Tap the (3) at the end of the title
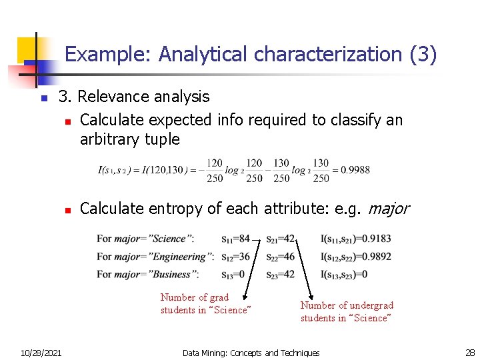pos(423,54)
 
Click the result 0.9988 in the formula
pos(355,170)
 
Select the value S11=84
pos(235,239)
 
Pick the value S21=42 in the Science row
pos(280,239)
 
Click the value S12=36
pos(235,257)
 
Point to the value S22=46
pos(280,257)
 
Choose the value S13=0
pos(233,274)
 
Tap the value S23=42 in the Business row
pos(280,274)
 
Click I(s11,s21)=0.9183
pos(356,239)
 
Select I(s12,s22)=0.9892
pos(356,257)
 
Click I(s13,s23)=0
pos(344,274)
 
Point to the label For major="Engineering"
pos(155,257)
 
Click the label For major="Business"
pos(147,274)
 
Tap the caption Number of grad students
pos(205,304)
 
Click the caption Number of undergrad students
pos(347,311)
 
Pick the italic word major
pos(387,209)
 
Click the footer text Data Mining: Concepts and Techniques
pos(251,353)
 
